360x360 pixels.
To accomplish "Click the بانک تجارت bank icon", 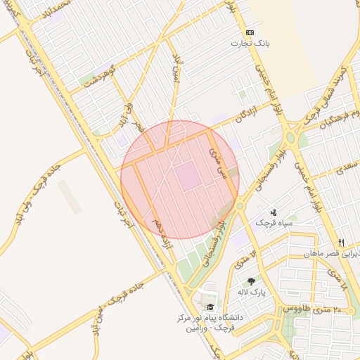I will (x=250, y=32).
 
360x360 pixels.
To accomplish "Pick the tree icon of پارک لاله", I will (x=250, y=281).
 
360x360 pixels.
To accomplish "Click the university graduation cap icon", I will (x=210, y=307).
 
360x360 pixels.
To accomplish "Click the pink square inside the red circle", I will (x=188, y=176).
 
